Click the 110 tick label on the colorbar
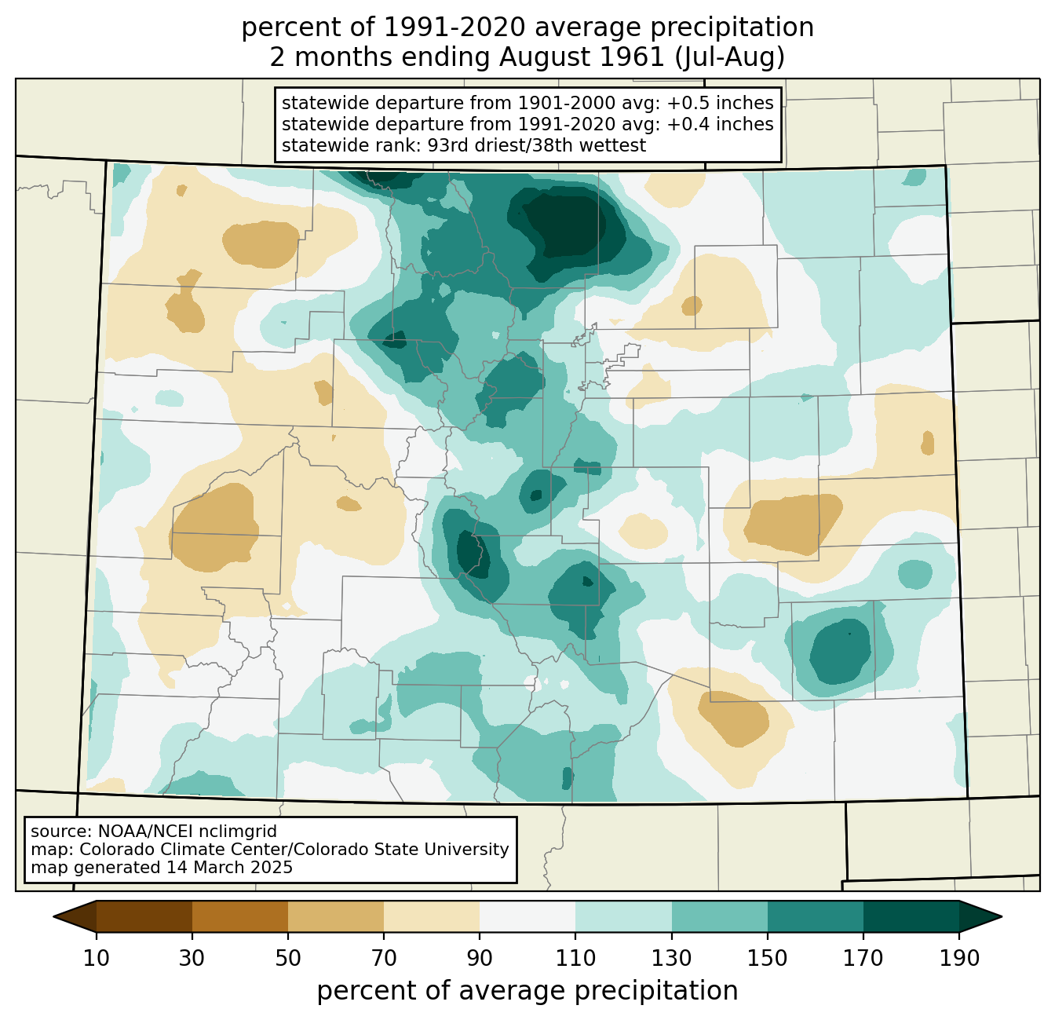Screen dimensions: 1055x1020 click(575, 958)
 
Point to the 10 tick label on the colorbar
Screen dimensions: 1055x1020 click(96, 958)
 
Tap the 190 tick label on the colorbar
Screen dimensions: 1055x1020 click(959, 958)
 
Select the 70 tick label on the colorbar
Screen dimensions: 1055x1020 click(384, 958)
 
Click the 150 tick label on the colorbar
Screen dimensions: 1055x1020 click(767, 958)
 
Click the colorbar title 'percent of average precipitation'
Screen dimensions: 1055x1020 click(527, 991)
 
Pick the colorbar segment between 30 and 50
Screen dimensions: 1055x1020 click(239, 917)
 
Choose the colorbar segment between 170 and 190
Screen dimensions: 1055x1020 click(911, 917)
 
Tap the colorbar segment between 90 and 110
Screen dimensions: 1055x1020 click(527, 917)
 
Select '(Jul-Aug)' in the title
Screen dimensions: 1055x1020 click(729, 58)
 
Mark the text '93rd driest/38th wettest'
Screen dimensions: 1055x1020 click(537, 145)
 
